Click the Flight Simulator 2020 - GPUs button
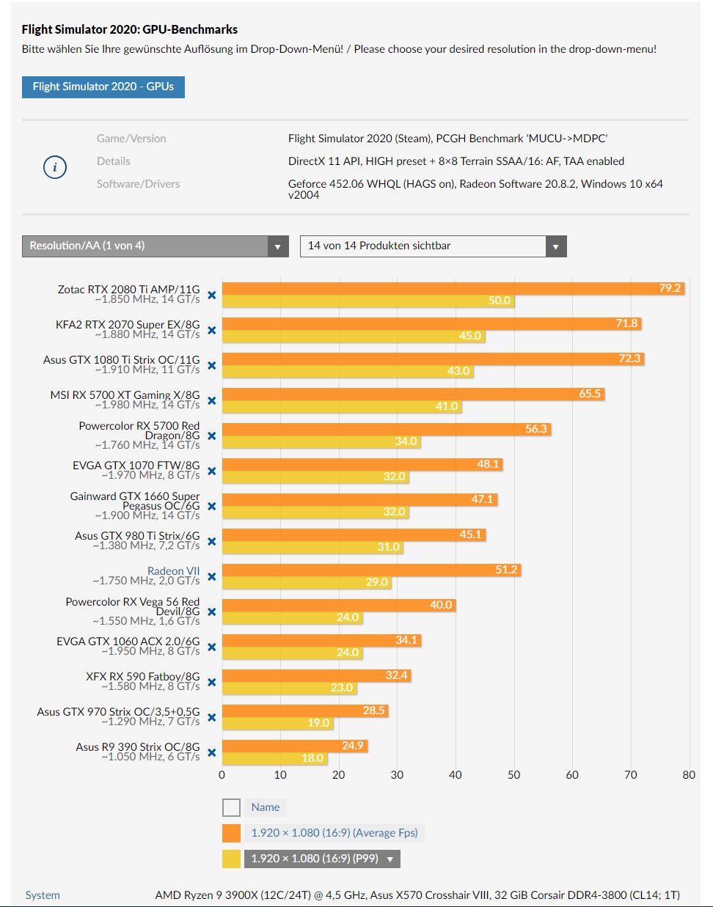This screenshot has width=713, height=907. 103,87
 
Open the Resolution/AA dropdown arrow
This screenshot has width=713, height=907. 277,246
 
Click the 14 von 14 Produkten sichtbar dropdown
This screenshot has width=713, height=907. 433,246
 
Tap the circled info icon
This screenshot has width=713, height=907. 55,167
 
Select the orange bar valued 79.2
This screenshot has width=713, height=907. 453,288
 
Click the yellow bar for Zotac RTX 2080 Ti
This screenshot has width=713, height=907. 368,301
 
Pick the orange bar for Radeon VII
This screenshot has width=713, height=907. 371,570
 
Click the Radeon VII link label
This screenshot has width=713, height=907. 173,571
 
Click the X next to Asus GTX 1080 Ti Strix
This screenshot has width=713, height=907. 211,365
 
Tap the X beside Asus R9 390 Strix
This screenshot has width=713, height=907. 211,752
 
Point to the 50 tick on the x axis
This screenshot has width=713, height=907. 513,775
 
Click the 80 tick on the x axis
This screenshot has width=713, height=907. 688,775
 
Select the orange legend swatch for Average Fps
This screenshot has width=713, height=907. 232,833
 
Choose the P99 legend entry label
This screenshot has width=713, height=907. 315,859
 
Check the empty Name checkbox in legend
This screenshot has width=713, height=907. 232,807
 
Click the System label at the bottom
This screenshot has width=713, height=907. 43,895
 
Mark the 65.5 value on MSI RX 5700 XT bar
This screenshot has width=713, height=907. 590,394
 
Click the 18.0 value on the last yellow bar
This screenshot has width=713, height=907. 312,758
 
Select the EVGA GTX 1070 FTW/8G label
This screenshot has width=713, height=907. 136,465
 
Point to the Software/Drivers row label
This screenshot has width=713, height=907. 138,184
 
